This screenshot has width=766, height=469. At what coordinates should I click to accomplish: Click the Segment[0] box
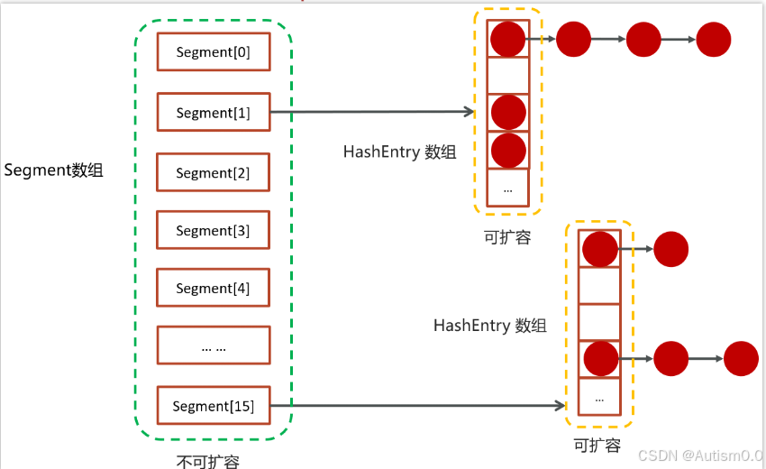point(214,52)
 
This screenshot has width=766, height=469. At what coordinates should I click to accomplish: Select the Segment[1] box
point(214,113)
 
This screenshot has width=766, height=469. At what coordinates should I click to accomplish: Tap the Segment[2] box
point(214,172)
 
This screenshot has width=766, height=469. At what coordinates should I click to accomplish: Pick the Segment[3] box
point(214,230)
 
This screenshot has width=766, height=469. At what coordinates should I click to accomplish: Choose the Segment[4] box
point(214,288)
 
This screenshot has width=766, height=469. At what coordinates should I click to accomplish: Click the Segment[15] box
point(214,406)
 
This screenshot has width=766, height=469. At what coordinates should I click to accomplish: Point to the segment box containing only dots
point(214,345)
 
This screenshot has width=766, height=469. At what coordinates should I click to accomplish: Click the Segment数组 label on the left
point(54,170)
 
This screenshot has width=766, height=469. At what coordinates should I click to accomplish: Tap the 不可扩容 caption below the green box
point(208,461)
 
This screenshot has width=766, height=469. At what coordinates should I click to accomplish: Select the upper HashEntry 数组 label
point(399,152)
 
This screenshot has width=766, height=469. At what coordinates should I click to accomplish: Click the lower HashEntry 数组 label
point(489,326)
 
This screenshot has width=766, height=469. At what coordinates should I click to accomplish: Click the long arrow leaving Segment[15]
point(424,406)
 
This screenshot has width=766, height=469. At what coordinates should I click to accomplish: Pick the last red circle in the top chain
point(713,39)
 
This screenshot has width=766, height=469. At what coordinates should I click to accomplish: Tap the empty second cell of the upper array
point(508,75)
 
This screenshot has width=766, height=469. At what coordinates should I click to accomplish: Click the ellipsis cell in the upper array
point(508,189)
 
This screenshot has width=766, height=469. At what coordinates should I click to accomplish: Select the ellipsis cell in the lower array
point(599,397)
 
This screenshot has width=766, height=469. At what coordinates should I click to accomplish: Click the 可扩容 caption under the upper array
point(507,237)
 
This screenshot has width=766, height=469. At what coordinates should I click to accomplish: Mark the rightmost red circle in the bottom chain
point(741,358)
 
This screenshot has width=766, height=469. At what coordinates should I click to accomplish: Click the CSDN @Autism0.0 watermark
point(700,455)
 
